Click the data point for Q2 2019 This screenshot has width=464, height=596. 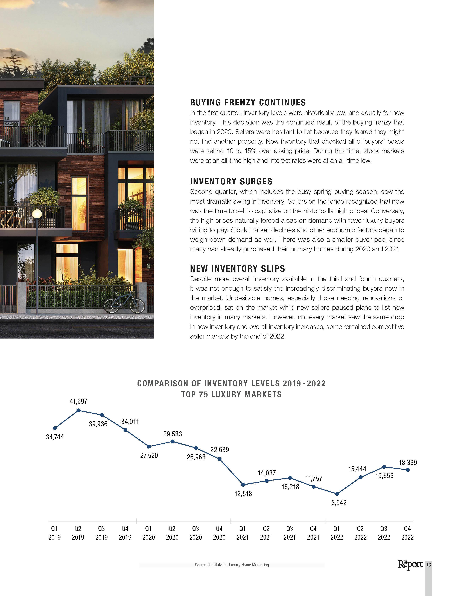coord(78,410)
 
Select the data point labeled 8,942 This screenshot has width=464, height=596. coord(337,494)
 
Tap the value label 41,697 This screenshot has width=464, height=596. coord(78,401)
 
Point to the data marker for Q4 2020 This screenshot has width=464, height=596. coord(220,459)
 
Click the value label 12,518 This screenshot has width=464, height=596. coord(243,493)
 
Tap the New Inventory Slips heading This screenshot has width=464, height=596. coord(237,269)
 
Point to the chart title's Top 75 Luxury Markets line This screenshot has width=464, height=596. coord(231,394)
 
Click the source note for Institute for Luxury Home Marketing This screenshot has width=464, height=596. coord(232,565)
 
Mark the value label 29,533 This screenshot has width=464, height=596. coord(173,434)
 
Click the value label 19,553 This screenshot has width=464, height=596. coord(384,476)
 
